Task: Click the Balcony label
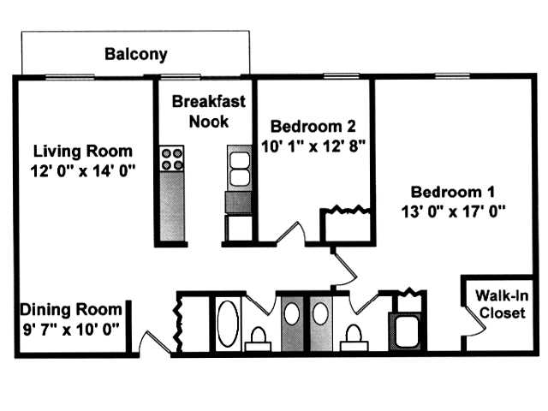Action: point(135,55)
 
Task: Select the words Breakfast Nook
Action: point(208,111)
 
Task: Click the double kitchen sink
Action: point(239,168)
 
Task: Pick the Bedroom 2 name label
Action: point(313,128)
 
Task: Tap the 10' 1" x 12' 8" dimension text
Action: point(313,146)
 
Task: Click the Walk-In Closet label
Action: point(497,304)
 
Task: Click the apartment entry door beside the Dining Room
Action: point(152,342)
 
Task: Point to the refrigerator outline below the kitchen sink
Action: point(238,228)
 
